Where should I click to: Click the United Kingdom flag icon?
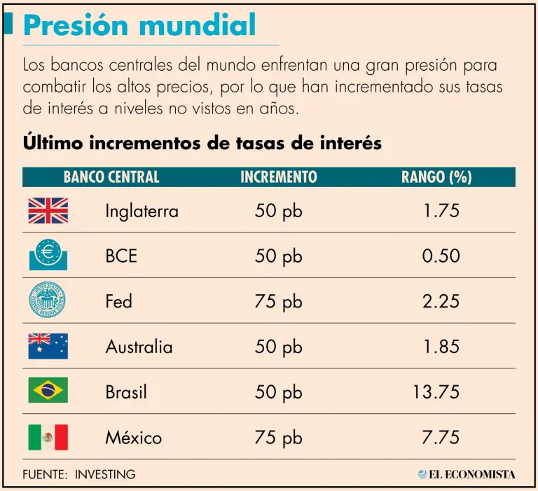(48, 210)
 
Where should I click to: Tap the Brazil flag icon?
(48, 390)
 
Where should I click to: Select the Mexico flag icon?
(48, 437)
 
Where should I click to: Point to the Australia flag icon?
(48, 346)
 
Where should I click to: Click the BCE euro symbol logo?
(48, 255)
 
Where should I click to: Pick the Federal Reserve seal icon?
(48, 301)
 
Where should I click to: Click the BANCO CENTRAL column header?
(111, 177)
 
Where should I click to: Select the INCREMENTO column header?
(279, 177)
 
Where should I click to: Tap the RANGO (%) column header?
(436, 177)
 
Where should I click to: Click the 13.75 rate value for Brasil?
(436, 392)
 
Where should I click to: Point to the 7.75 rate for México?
(441, 438)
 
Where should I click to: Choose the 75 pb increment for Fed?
(279, 302)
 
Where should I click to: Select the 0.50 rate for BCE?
(441, 256)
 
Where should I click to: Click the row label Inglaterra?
(142, 211)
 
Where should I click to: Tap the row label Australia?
(139, 347)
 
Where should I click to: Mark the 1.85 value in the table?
(441, 347)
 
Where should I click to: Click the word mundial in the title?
(198, 26)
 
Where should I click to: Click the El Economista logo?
(467, 474)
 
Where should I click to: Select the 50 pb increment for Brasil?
(279, 392)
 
